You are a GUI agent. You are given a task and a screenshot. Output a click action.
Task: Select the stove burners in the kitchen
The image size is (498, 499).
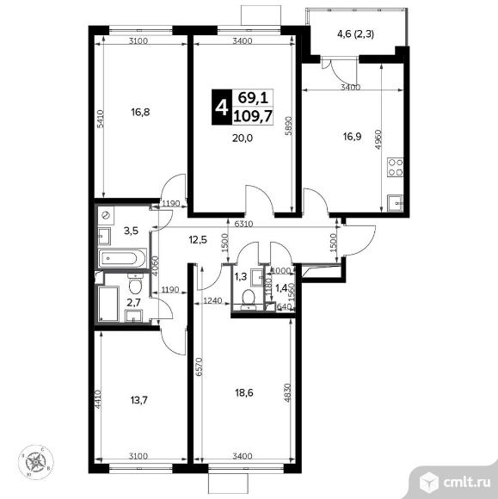(397, 167)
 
